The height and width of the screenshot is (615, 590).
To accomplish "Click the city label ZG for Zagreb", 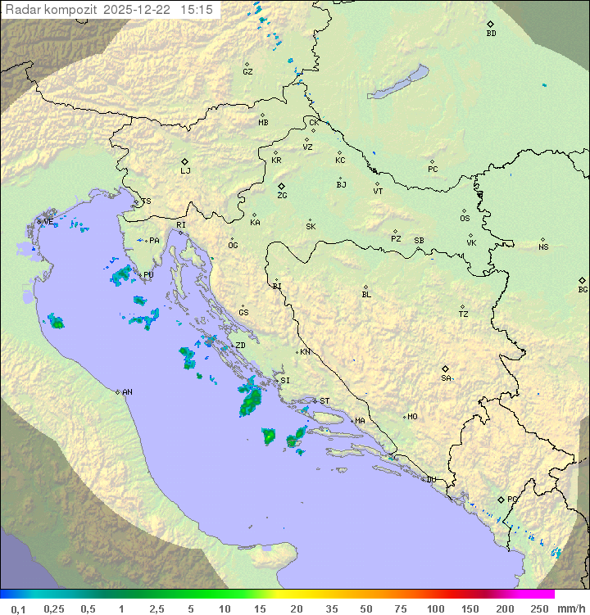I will (x=282, y=197).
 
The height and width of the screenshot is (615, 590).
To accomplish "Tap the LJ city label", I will (x=185, y=171).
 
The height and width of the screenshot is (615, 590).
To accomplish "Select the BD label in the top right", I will (x=491, y=34).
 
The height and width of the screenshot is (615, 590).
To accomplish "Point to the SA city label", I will (x=446, y=378).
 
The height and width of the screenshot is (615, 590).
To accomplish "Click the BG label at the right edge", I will (x=583, y=290).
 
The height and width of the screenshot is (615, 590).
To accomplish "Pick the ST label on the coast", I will (x=324, y=401).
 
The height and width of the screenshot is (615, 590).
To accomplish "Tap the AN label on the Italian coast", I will (x=127, y=392).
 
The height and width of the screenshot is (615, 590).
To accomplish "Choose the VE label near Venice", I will (x=48, y=222).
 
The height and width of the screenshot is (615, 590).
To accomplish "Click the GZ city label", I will (x=247, y=72).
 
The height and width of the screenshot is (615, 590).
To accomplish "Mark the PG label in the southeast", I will (x=512, y=500).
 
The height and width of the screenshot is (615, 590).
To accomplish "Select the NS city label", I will (x=543, y=247).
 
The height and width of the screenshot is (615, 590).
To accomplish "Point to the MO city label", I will (x=412, y=417).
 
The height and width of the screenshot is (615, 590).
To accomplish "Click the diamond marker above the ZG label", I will (x=281, y=186).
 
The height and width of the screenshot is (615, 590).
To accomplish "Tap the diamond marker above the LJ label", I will (x=185, y=161).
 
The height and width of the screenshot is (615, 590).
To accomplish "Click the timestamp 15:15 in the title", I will (x=197, y=10).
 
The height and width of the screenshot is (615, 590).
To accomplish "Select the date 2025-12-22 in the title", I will (x=138, y=10).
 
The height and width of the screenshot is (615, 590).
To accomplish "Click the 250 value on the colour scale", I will (x=539, y=608).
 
